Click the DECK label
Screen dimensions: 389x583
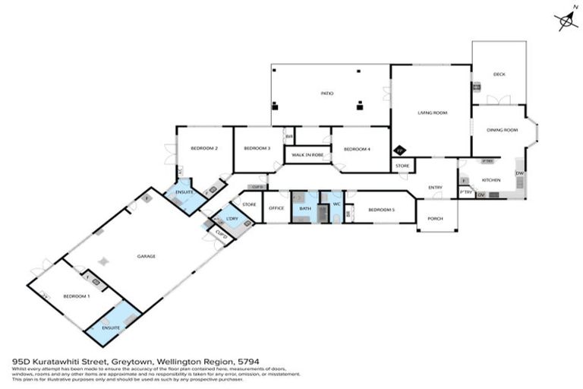click(x=499, y=74)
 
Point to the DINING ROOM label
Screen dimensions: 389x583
click(x=502, y=130)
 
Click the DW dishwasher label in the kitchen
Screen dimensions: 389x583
click(x=519, y=174)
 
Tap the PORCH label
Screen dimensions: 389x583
click(x=435, y=218)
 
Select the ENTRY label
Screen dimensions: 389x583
click(x=435, y=187)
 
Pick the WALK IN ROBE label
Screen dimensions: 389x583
click(x=307, y=155)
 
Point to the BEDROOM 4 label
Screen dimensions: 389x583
click(x=357, y=149)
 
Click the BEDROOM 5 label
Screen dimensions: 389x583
click(x=381, y=209)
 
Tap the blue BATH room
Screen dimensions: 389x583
click(x=305, y=208)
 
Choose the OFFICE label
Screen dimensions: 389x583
click(x=276, y=208)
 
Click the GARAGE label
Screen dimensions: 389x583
click(x=146, y=256)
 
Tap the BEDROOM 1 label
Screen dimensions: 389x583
click(x=76, y=296)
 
